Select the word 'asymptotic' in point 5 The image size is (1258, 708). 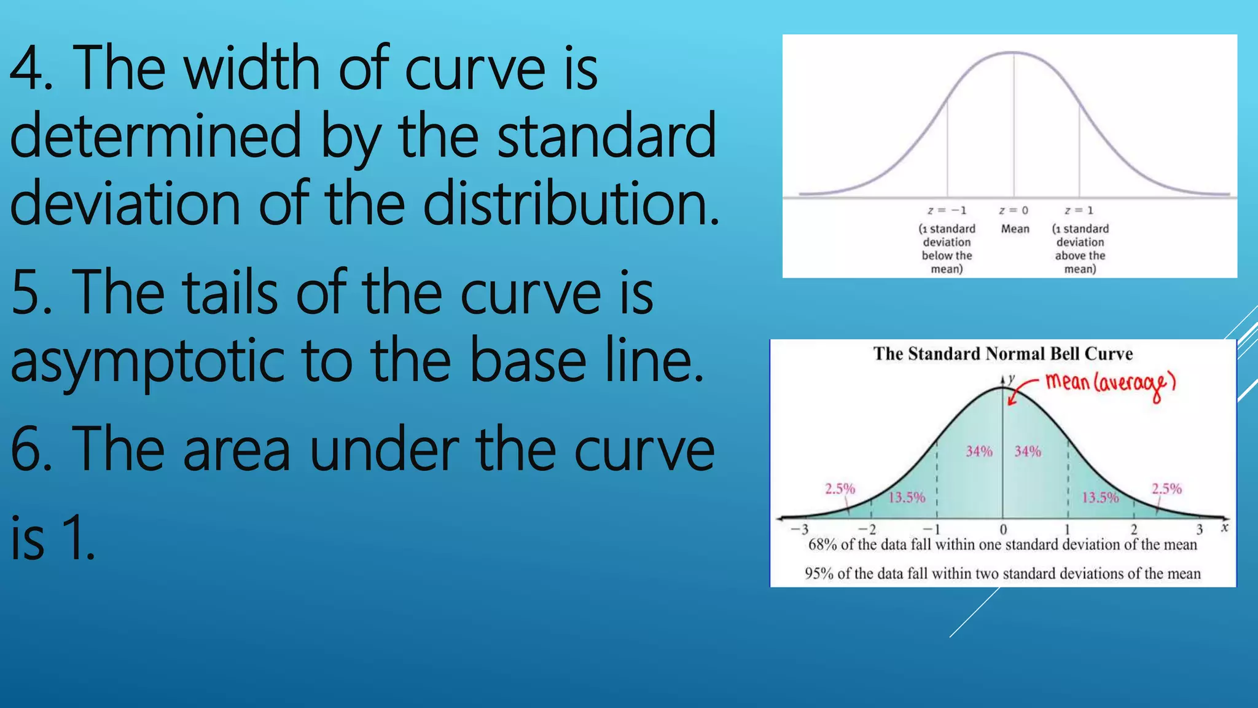coord(147,361)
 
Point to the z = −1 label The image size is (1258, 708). coord(947,211)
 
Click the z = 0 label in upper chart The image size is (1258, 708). coord(1014,211)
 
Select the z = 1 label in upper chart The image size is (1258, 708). coord(1079,211)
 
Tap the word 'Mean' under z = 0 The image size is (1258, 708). coord(1015,229)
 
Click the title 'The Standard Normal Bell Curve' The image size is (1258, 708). coord(1002,354)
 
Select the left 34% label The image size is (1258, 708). coord(979,452)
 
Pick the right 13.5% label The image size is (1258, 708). coord(1100,497)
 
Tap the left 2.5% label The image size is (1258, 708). coord(840,489)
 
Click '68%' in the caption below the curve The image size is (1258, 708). coord(822,545)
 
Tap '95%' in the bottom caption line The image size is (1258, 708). coord(819,574)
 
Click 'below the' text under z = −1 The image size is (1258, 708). coord(947,256)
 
